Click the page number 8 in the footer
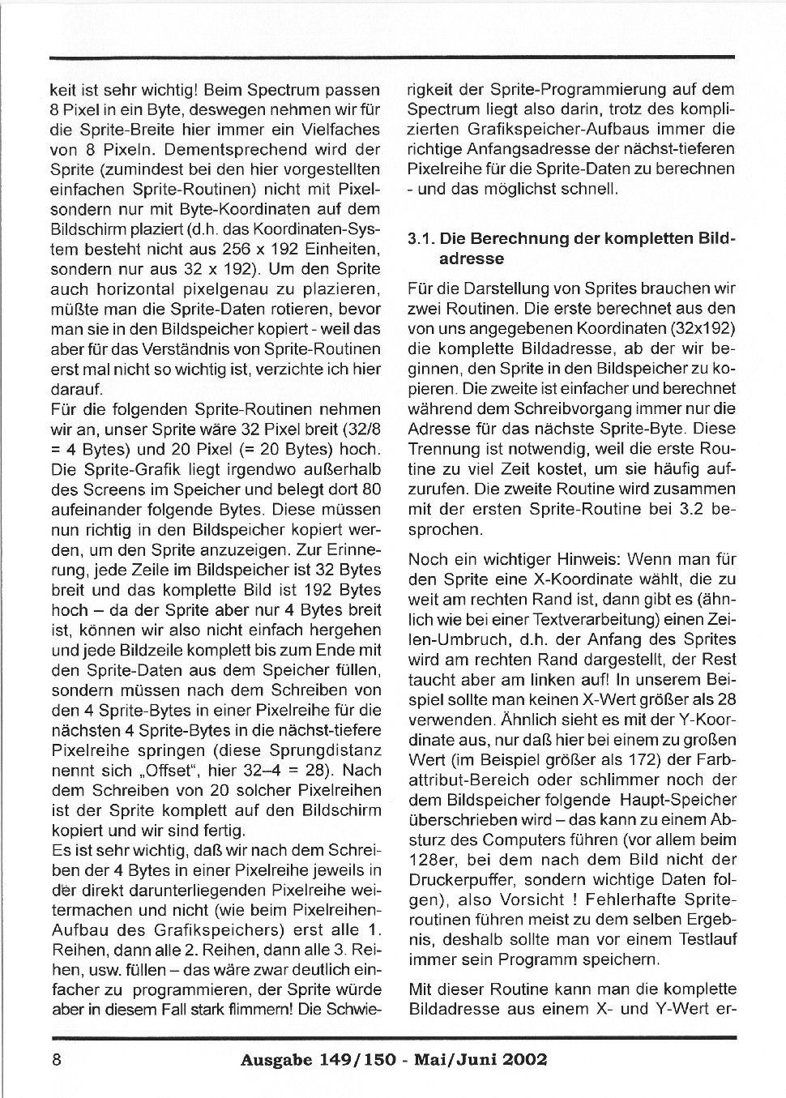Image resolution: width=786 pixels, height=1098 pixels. pos(57,1059)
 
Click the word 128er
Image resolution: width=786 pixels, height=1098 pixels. pos(432,860)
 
